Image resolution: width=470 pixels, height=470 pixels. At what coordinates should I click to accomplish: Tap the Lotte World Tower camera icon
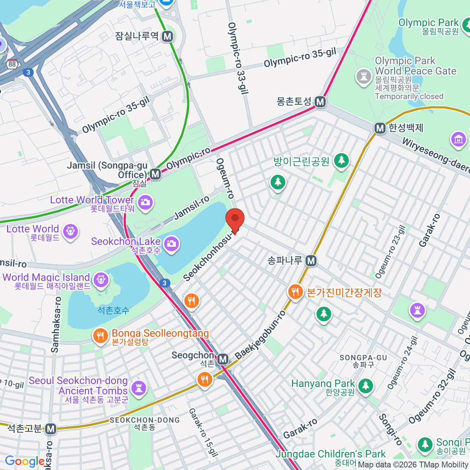145,202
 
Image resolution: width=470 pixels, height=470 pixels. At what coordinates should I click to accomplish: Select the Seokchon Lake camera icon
171,244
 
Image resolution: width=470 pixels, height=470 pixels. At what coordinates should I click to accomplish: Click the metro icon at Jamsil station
155,174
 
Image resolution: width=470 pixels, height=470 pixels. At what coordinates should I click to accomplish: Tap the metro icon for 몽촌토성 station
320,102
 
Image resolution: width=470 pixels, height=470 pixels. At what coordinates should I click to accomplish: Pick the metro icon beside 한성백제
379,128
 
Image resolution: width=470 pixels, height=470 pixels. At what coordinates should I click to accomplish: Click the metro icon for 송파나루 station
311,260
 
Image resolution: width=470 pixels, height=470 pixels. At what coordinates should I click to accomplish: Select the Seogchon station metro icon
223,359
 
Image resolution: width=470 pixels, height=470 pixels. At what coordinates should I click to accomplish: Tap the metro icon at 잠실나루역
168,36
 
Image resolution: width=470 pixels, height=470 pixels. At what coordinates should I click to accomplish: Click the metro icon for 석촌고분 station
51,429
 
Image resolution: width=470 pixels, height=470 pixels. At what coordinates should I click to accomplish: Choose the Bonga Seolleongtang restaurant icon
101,336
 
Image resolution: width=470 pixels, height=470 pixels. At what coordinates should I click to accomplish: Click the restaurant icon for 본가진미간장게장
295,292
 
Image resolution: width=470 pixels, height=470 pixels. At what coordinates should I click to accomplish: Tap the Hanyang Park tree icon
365,386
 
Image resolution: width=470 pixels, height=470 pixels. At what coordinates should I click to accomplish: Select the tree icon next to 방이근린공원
341,161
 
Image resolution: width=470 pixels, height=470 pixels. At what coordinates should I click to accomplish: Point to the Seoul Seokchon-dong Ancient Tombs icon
138,388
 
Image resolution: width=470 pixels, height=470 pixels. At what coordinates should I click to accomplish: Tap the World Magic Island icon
101,280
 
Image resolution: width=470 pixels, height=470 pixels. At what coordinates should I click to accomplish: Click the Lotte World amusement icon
70,231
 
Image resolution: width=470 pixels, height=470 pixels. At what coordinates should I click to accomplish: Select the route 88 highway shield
12,64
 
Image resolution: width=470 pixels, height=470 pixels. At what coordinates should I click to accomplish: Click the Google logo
24,461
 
